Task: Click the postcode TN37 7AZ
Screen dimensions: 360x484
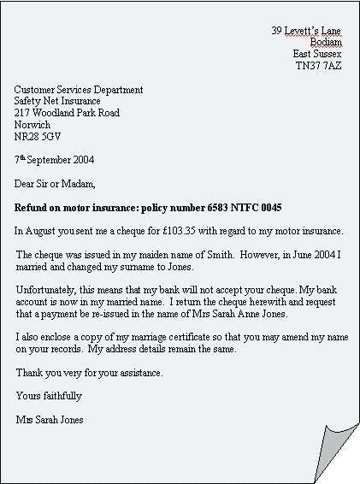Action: pos(318,66)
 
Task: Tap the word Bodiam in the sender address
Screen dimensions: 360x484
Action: pos(326,42)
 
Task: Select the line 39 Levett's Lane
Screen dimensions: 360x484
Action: pos(306,30)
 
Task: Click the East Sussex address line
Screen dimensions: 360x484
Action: pos(316,54)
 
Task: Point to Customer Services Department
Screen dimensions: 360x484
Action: pos(79,90)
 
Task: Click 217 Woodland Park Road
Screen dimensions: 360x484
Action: pos(67,113)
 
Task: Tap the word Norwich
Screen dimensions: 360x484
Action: pos(32,125)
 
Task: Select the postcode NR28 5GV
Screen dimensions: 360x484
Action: pos(38,137)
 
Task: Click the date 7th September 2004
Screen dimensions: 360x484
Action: pos(55,160)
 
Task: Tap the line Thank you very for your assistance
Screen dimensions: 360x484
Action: pos(89,373)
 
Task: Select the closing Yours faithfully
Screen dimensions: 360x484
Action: pos(49,396)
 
